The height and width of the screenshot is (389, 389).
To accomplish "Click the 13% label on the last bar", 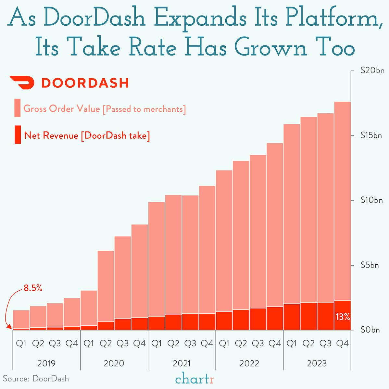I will pos(343,317).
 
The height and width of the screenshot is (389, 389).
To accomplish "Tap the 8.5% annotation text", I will pos(33,288).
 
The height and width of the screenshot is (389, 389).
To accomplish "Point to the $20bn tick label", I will pos(372,71).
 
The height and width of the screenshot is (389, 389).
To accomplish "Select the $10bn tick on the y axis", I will pos(372,200).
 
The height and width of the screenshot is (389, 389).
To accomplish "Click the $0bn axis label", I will pos(370,330).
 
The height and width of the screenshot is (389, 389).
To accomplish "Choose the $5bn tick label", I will pos(370,265).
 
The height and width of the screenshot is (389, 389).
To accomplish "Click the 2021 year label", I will pos(182,363).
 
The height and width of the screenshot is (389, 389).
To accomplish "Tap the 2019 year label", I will pos(46,363).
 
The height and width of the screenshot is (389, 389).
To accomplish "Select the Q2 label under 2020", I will pos(106,344).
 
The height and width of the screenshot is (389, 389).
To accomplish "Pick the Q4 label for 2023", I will pos(342,344).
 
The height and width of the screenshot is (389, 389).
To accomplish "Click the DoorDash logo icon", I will pos(22,83).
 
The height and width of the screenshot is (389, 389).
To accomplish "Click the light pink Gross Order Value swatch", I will pos(17,108).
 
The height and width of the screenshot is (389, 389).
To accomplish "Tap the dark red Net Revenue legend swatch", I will pos(17,135).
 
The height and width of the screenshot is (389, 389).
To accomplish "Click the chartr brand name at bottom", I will pos(195,379).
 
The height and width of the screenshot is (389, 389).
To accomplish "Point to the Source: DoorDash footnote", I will pos(36,379).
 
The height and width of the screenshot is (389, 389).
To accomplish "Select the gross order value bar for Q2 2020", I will pos(106,286).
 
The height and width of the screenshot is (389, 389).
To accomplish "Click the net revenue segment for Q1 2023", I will pos(292,317).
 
